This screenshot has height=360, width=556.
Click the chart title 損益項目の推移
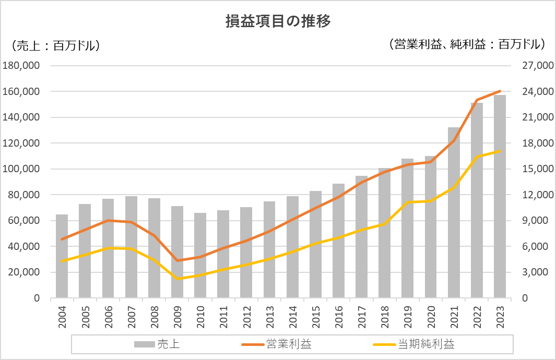click(278, 21)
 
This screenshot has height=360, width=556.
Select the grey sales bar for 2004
click(62, 256)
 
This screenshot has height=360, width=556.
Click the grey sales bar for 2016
click(338, 240)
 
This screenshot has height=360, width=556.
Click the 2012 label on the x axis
click(247, 317)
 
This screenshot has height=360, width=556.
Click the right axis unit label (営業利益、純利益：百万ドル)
click(467, 44)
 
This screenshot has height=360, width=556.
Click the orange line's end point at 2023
click(500, 91)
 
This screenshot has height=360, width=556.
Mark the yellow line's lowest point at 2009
click(178, 279)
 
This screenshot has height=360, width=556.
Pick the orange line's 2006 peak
click(108, 220)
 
